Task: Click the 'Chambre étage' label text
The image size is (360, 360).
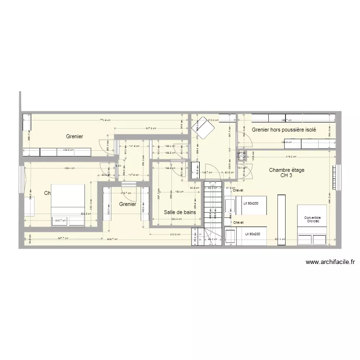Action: coord(287,170)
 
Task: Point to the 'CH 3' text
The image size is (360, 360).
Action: coord(287,176)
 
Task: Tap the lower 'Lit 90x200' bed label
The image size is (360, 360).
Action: coord(252,234)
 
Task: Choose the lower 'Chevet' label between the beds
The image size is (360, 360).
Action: coord(238,223)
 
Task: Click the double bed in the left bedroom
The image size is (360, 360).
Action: coord(68,205)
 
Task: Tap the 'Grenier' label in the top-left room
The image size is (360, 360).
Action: coord(74,137)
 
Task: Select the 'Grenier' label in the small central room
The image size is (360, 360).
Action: coord(128,204)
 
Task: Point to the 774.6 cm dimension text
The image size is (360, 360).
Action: coord(106,120)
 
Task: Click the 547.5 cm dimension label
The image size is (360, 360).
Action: coord(150,129)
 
